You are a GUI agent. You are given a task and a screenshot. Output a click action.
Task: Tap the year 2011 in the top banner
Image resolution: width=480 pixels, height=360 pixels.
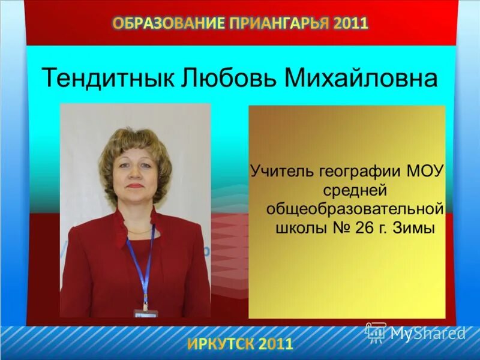point(352,23)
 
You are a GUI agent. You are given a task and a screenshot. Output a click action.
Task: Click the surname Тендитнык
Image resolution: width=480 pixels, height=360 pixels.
point(106,79)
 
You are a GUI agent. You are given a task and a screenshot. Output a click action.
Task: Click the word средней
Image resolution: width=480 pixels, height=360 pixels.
point(349,191)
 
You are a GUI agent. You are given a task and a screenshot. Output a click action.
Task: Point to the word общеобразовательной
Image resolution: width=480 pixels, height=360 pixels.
point(355,210)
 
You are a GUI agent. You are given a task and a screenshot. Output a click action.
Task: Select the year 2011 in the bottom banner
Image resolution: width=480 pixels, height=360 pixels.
point(277,344)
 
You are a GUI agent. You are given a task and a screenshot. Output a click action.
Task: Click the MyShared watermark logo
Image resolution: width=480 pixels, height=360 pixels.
point(416,332)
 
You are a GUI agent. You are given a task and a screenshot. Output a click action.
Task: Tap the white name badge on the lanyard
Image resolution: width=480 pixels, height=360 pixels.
point(145,313)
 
